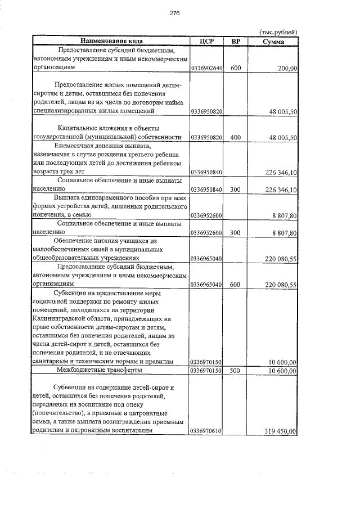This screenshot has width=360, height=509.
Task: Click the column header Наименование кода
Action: pos(110,40)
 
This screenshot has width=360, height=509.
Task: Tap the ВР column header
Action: pos(236,40)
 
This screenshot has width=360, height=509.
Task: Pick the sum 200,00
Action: pos(287,68)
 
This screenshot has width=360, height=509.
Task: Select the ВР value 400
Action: pos(236,137)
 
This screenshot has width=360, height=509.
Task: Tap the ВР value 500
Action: pos(236,371)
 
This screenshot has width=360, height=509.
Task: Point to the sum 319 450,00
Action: pos(280,431)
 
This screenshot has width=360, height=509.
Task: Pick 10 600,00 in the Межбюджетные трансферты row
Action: pos(283,371)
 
